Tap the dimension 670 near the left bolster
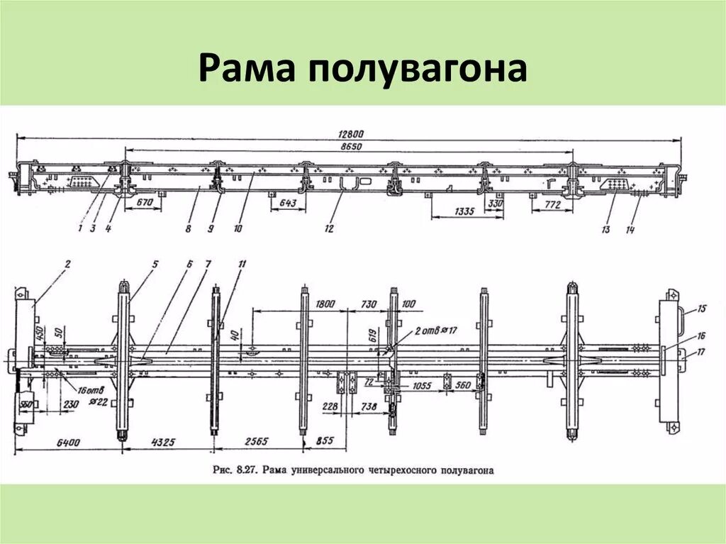click(145, 201)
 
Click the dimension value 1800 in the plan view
click(325, 304)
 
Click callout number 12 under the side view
click(329, 228)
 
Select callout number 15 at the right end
click(702, 309)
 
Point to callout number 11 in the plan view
click(242, 265)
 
